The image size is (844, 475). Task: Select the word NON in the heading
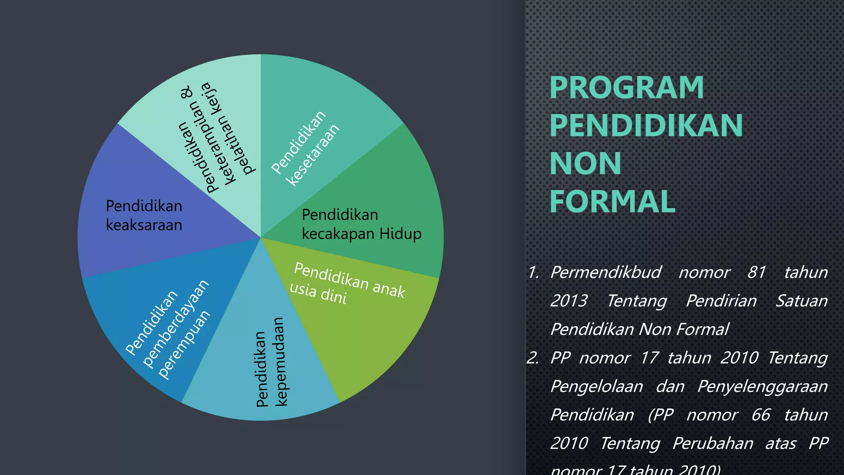pos(585,163)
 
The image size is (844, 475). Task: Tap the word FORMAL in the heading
pos(612,202)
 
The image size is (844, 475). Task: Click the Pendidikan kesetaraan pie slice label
pos(305,148)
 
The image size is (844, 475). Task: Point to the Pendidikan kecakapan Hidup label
pos(361,224)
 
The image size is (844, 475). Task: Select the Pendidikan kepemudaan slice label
pos(270,362)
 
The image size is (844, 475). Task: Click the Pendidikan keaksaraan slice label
pos(144,215)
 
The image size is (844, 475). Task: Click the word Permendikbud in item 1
pos(606,273)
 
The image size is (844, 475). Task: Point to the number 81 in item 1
pos(757,273)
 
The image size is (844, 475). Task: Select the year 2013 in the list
pos(569,301)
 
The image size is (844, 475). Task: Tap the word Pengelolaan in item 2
pos(596,387)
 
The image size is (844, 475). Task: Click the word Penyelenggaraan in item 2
pos(762,387)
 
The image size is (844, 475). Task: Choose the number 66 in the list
pos(760,415)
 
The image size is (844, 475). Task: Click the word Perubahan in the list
pos(713,444)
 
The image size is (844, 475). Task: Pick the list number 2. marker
pos(533,358)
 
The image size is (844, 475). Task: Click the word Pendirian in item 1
pos(721,301)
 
